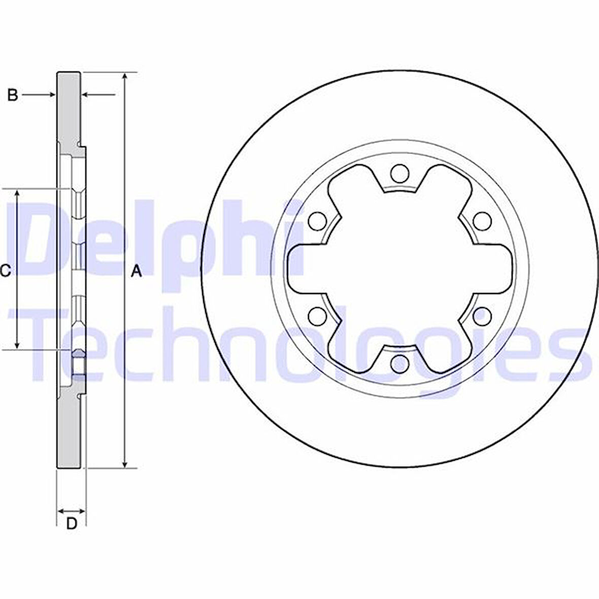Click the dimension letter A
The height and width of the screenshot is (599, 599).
[136, 272]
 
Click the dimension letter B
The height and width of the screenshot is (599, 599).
[13, 94]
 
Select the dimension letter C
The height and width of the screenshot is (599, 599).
[5, 272]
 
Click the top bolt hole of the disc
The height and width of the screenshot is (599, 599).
[400, 174]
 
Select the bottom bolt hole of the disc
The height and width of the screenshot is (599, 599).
[400, 363]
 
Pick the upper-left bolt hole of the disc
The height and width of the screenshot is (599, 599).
[318, 221]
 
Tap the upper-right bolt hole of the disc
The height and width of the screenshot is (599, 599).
[482, 221]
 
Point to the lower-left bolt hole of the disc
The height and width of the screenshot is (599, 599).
[318, 316]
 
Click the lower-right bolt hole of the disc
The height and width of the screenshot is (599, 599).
[482, 316]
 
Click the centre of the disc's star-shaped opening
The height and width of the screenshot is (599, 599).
[400, 269]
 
